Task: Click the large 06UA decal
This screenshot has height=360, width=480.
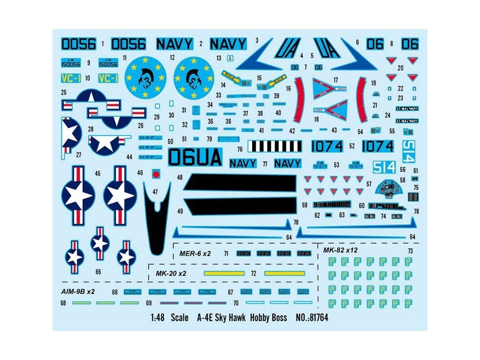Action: coord(195,157)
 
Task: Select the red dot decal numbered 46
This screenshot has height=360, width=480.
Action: coord(157,173)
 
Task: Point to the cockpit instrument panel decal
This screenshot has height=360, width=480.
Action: coord(389,191)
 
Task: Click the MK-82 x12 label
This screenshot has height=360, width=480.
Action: coord(340,250)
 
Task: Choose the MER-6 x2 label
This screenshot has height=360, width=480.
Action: coord(195,254)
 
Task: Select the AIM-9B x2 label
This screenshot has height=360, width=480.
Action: coord(78,291)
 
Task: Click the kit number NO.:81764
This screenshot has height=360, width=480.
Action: coord(312,318)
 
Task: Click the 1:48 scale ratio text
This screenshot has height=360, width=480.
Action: coord(157,318)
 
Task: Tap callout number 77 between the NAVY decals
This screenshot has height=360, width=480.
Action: coord(265,164)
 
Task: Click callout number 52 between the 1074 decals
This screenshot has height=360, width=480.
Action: coord(352,146)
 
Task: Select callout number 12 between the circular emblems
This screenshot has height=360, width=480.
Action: coord(172,58)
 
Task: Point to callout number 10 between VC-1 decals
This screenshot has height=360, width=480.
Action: coord(88,78)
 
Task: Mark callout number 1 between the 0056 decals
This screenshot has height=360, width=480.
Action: coord(103,44)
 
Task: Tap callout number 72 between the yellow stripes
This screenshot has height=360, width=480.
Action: coord(253,273)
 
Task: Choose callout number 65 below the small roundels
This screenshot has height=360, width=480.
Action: coord(98,271)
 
